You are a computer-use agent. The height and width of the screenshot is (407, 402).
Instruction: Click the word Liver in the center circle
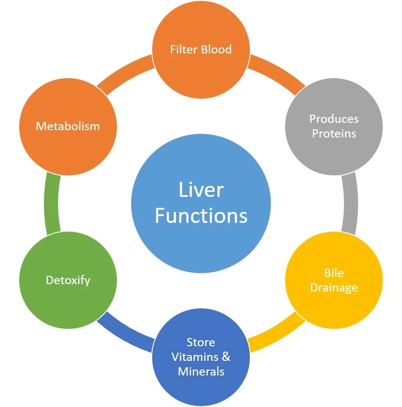coord(201,190)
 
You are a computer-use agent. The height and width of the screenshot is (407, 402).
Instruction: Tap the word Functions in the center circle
coord(201,215)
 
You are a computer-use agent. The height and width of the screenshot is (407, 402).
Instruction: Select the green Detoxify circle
coord(68,280)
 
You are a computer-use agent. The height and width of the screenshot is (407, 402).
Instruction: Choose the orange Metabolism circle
coord(68,126)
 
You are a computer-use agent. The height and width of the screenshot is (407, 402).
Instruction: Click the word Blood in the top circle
coord(216,49)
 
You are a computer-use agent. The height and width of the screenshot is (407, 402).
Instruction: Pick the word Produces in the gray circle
coord(334,119)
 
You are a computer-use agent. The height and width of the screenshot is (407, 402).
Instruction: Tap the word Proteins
coord(334,133)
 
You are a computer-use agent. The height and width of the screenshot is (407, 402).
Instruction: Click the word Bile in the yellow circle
coord(334,273)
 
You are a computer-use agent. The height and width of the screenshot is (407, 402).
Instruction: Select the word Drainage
coord(334,287)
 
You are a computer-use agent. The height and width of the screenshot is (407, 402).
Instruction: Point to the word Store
coord(201,342)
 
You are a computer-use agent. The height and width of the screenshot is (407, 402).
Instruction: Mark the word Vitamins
coord(194,356)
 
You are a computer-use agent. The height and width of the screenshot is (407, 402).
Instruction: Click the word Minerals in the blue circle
coord(201,371)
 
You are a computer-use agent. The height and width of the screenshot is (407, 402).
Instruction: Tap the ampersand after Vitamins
coord(226,356)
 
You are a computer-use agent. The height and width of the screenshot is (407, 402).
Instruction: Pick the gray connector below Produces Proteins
coord(350,203)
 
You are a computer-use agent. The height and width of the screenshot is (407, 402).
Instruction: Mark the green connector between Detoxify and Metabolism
coord(51,203)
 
